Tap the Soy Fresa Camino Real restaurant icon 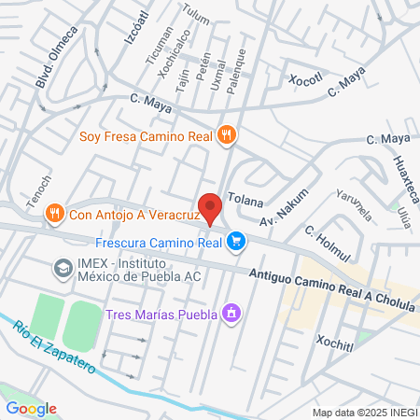[x=226, y=135]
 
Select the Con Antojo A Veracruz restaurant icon [x=55, y=213]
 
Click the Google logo [x=31, y=408]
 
